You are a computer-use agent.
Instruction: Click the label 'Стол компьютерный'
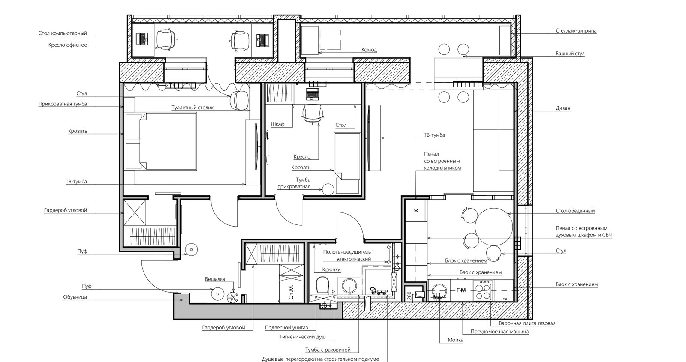click(x=63, y=33)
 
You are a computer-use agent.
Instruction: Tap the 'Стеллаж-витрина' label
click(x=576, y=30)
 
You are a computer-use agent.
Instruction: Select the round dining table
click(x=493, y=227)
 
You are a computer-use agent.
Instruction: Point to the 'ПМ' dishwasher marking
click(x=461, y=290)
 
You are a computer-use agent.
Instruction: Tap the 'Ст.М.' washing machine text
click(x=291, y=292)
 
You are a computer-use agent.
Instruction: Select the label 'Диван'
click(x=563, y=108)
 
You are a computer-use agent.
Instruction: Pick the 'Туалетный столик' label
click(x=193, y=108)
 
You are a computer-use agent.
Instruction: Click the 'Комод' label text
click(x=369, y=50)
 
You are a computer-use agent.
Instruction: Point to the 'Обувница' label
click(x=75, y=297)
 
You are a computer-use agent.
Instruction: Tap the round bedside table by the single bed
click(x=328, y=189)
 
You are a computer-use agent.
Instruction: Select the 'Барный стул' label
click(x=570, y=54)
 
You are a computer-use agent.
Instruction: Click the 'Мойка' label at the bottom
click(x=456, y=340)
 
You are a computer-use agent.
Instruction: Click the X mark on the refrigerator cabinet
click(x=416, y=211)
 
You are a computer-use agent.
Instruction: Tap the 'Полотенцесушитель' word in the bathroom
click(x=347, y=252)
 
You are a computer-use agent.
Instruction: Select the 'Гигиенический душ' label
click(x=303, y=337)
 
